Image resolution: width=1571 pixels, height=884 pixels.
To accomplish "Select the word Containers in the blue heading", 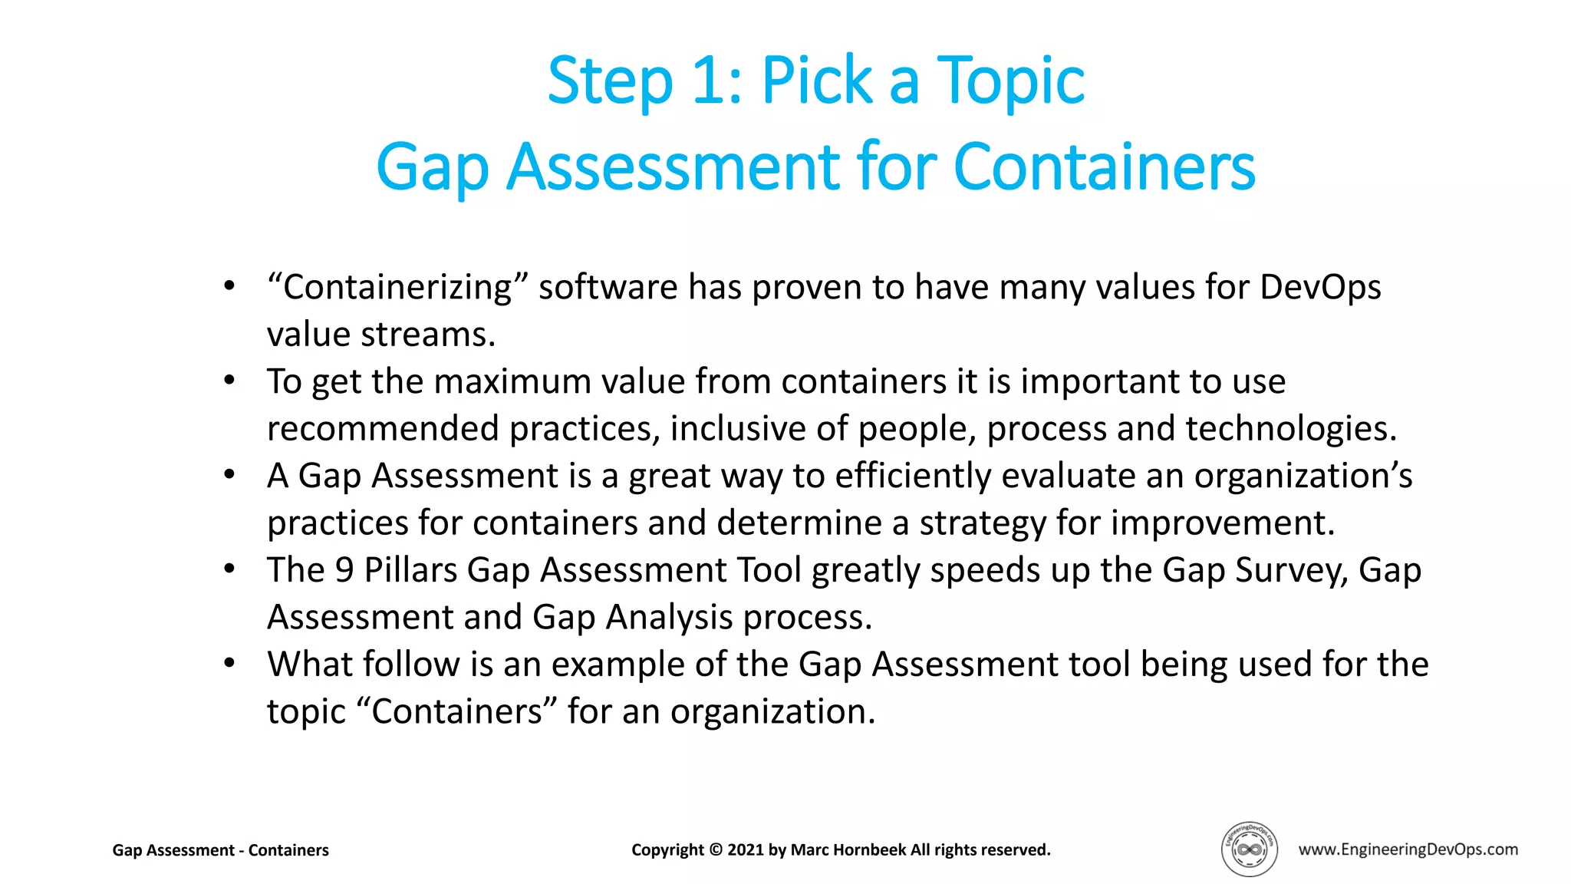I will [x=1104, y=167].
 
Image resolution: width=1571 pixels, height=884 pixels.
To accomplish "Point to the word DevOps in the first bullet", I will [x=1319, y=288].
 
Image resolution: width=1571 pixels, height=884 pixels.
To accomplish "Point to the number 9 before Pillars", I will [x=344, y=570].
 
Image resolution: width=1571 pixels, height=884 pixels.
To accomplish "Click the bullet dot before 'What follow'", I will [x=229, y=663].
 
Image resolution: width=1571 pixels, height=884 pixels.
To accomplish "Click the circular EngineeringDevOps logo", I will [x=1249, y=849].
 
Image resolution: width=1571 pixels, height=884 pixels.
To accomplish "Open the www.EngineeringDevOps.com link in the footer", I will [x=1408, y=849].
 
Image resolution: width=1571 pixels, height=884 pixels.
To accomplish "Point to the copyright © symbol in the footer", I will [x=716, y=850].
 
